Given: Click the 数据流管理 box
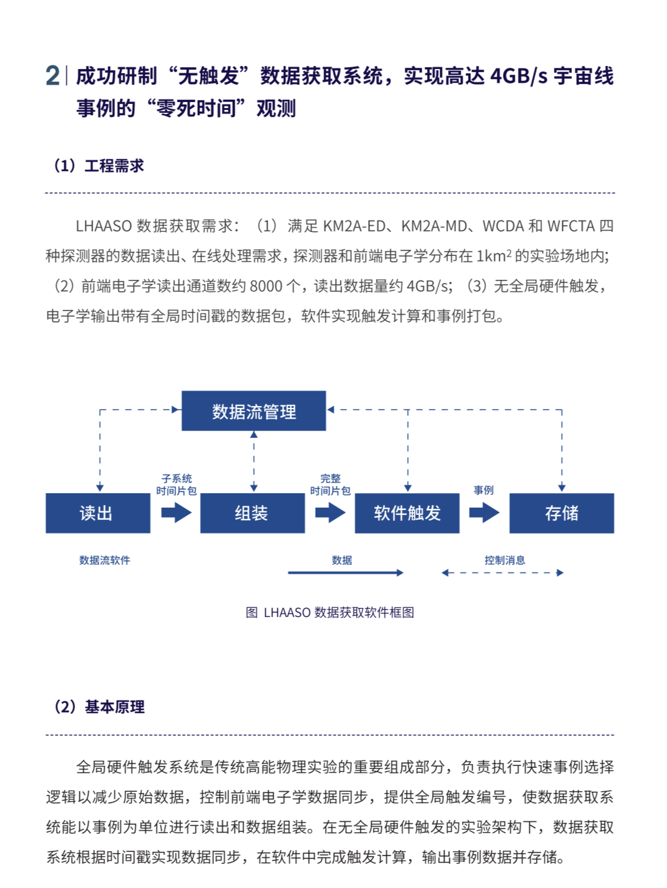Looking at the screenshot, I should tap(253, 411).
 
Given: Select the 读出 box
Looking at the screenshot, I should tap(97, 513).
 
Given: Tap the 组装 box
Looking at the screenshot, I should tap(252, 513).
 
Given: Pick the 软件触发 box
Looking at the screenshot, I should tap(407, 513).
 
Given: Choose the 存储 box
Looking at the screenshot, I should tap(561, 513).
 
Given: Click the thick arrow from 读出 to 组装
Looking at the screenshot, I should tap(176, 512).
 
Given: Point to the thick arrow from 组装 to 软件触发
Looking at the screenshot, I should tap(330, 512).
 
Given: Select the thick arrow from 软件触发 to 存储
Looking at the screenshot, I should tap(484, 512).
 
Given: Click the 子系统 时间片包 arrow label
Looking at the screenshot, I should tap(176, 485).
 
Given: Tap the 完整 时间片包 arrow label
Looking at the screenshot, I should tap(330, 485).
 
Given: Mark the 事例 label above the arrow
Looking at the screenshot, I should tap(484, 490).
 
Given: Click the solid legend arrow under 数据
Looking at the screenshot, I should tap(345, 573).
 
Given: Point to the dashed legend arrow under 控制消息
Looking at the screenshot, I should tap(502, 573).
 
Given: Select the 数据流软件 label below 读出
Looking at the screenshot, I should tap(105, 560).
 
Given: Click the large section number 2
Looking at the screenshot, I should tap(52, 76).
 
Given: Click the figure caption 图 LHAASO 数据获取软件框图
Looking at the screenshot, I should tap(330, 612).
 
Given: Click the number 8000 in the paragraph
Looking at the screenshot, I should tap(266, 286).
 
